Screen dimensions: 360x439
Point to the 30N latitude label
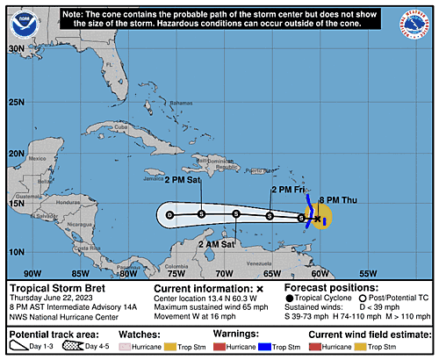tap(16, 50)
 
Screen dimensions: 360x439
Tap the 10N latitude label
tap(16, 252)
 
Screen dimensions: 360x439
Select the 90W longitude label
tap(32, 273)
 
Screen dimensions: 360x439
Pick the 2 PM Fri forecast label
tap(286, 189)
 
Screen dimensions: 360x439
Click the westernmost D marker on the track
tap(169, 213)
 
